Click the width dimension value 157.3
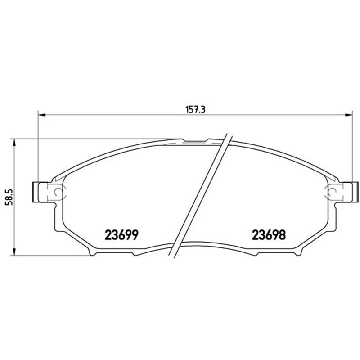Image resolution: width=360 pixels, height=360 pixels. (195, 110)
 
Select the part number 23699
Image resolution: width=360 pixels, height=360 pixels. (121, 234)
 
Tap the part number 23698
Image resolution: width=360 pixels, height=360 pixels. (269, 234)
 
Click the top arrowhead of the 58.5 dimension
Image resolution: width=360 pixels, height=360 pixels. (14, 143)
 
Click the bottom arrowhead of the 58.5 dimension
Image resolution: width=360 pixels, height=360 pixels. (14, 251)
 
